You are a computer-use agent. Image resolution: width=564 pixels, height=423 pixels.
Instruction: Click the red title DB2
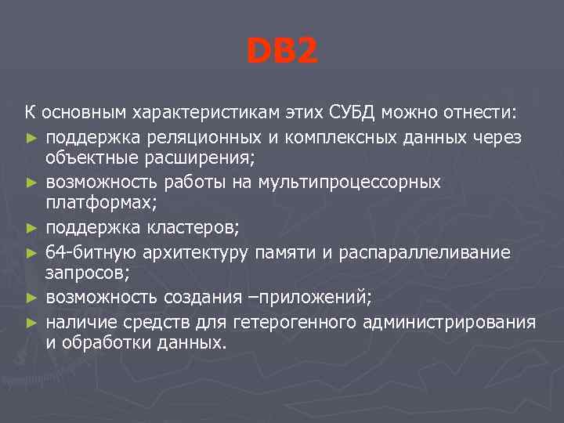click(282, 52)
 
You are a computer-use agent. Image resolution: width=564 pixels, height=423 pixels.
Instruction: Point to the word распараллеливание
click(429, 252)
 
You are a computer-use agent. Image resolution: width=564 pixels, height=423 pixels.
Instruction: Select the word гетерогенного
click(298, 323)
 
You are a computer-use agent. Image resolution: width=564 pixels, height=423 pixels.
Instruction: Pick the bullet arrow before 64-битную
click(31, 253)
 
